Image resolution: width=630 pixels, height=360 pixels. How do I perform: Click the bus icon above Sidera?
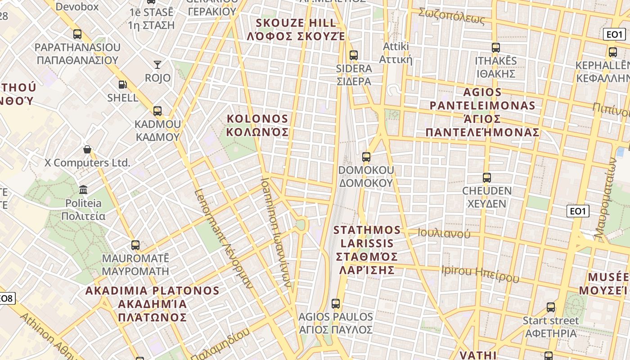pos(353,55)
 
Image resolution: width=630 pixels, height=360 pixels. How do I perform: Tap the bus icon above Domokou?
pos(366,157)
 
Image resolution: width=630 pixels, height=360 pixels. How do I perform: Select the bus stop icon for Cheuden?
pos(486,178)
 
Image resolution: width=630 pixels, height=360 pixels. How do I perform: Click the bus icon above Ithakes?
pos(495,47)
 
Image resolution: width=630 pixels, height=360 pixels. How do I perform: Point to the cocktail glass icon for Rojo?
pos(157,65)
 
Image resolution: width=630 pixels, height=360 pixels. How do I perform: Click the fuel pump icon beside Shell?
pos(122,84)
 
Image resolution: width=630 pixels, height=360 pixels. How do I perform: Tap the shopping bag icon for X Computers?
pos(87,149)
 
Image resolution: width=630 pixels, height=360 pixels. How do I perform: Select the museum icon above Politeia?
pos(83,189)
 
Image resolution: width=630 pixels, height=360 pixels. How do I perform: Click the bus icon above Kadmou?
pos(157,111)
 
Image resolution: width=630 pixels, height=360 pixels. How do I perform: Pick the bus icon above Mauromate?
pos(135,245)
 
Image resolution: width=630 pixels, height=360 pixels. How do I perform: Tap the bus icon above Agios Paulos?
pos(335,303)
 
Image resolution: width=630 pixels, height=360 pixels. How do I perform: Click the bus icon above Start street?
pos(551,307)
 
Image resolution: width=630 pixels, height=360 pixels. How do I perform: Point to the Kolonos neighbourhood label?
pos(257,125)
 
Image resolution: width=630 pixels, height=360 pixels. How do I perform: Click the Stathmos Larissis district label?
pos(367,250)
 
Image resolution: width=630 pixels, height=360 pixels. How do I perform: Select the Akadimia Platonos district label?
pos(152,304)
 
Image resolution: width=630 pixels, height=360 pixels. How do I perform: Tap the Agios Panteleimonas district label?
pos(482,112)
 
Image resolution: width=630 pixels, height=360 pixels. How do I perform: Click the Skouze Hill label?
pos(296,29)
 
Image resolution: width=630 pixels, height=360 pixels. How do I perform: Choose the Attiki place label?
pos(396,53)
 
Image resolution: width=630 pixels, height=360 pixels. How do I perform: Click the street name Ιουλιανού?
pos(444,233)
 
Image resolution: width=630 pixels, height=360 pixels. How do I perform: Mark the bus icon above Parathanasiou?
pos(77,34)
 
